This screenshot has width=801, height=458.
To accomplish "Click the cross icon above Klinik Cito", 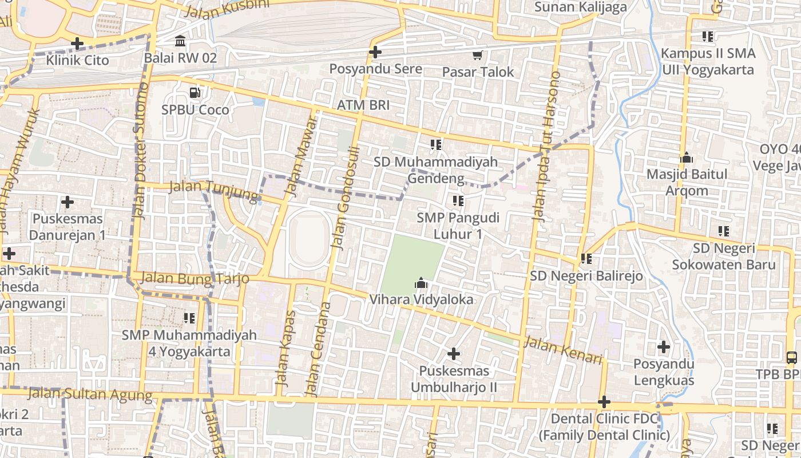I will click(x=77, y=44).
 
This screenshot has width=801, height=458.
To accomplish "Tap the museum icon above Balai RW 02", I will click(x=180, y=41).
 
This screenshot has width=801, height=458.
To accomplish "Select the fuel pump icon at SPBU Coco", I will click(x=195, y=92).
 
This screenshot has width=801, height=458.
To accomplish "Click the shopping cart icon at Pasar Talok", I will click(x=478, y=55).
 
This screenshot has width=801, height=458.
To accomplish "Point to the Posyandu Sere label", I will click(x=375, y=69).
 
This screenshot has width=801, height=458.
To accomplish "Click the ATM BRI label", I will click(x=363, y=105).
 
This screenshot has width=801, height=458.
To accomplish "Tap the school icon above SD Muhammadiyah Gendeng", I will click(x=436, y=145).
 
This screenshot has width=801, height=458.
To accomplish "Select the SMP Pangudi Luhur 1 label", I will click(x=458, y=226).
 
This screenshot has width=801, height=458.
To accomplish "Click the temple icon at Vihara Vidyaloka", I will click(x=422, y=283).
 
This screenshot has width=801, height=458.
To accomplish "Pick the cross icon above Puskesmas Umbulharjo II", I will click(x=454, y=354).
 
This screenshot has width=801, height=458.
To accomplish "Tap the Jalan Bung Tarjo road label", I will click(x=195, y=278).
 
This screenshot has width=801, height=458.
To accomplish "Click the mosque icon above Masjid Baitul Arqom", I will click(x=687, y=157).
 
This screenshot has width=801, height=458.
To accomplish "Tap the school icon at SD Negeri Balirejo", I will click(x=586, y=259).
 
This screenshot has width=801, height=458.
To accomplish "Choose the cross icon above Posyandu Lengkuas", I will click(x=664, y=346).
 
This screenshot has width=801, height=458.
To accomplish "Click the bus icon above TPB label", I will click(x=792, y=358).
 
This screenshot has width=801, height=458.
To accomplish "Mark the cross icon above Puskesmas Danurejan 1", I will click(x=68, y=202).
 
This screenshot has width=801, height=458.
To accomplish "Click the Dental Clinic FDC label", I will click(x=604, y=427).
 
